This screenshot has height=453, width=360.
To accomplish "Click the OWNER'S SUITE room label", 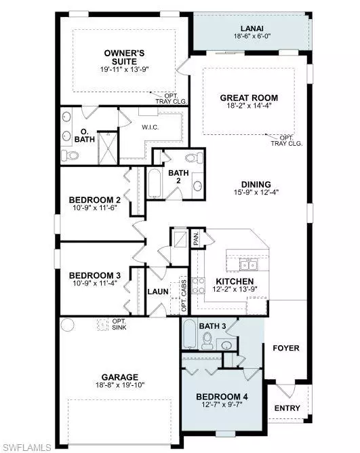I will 122,58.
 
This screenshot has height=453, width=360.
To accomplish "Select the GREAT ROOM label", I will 249,98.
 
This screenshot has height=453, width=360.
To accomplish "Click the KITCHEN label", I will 235,281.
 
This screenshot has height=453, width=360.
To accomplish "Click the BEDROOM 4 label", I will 219,397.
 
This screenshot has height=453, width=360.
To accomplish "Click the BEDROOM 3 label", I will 95,275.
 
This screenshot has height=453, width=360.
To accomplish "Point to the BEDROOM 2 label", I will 95,200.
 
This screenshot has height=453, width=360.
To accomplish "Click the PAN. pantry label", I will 195,238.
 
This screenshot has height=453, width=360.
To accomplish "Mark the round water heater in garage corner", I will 67,324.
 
